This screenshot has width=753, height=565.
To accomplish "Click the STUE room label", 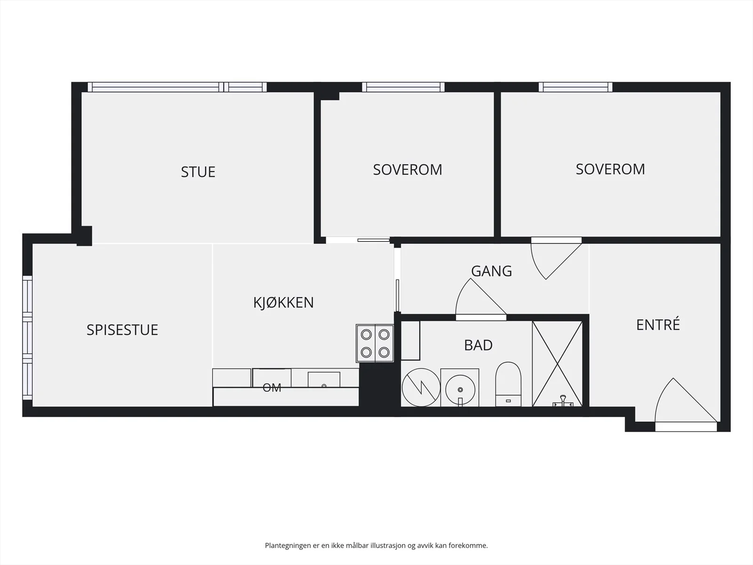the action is [x=198, y=172].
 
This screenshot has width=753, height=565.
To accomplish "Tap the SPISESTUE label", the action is [x=122, y=330].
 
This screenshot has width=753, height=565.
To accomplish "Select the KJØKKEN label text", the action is [x=283, y=303].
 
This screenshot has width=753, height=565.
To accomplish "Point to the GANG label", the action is [x=491, y=271].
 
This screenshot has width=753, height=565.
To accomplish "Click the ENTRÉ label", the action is [x=658, y=324].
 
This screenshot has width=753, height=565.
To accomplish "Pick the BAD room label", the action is [x=478, y=345].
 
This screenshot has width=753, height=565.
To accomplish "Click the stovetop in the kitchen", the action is [x=375, y=343].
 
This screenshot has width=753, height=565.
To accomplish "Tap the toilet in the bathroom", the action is [x=508, y=384].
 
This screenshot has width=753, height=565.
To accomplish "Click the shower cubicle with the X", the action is [x=557, y=364].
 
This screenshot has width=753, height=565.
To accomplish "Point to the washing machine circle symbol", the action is [x=421, y=387].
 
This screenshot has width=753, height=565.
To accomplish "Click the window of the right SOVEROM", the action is [x=575, y=87].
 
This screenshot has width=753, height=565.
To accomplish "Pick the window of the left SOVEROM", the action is [x=403, y=87].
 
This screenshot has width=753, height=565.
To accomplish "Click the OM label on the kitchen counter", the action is [x=272, y=388].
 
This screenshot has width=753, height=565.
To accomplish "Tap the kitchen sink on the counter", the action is [x=324, y=380].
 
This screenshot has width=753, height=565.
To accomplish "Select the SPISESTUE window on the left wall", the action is [x=27, y=338].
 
